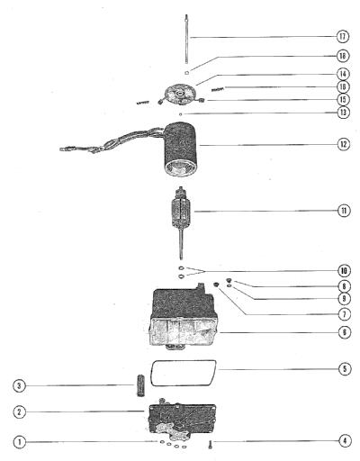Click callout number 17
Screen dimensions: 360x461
point(343,37)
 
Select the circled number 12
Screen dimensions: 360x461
point(344,144)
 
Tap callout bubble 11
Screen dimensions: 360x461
point(344,211)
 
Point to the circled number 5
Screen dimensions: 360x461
point(345,368)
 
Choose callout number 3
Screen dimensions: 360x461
point(20,385)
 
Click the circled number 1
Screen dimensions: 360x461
point(20,442)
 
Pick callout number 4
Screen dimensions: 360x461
point(345,441)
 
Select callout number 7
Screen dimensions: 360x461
point(344,314)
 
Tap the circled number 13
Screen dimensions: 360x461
point(343,113)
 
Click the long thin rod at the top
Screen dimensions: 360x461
point(186,39)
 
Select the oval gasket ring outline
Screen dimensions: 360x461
point(183,373)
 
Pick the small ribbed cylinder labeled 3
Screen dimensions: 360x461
point(140,385)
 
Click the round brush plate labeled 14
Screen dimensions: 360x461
point(181,95)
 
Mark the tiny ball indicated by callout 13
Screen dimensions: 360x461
point(180,114)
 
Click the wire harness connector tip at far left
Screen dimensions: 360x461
point(63,149)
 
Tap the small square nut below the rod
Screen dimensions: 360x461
point(186,72)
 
